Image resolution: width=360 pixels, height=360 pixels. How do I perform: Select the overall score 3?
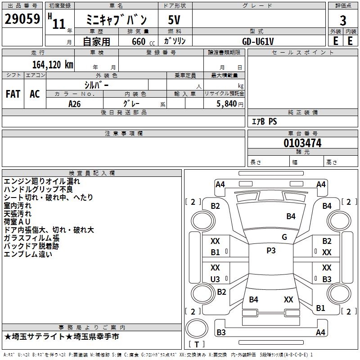[343, 20]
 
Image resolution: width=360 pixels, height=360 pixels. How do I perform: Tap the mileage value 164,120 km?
[53, 64]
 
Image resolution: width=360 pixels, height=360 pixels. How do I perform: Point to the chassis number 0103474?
[302, 144]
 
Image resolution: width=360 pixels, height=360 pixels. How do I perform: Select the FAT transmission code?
[13, 94]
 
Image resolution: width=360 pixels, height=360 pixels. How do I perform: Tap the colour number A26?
[75, 103]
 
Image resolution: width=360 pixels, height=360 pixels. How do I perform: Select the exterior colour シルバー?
[96, 85]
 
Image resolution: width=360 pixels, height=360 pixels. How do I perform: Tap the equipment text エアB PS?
[264, 121]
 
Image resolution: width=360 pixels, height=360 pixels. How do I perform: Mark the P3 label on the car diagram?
[271, 251]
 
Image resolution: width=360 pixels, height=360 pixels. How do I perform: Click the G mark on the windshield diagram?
[284, 237]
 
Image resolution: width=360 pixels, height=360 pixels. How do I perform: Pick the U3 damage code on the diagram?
[216, 279]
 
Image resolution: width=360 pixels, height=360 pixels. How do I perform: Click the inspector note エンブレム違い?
[28, 254]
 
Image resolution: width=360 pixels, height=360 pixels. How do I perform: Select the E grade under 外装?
[335, 41]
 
